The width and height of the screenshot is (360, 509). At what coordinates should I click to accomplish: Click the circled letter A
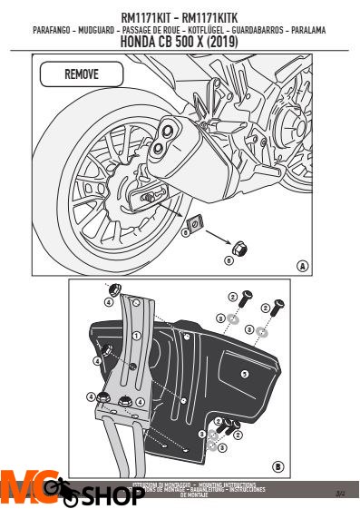pos(302,265)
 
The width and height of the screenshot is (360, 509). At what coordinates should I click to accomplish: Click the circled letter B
pos(277,468)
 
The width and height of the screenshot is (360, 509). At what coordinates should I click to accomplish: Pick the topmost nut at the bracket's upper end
pos(118,291)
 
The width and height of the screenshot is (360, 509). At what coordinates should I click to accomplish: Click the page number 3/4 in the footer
pos(340,494)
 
